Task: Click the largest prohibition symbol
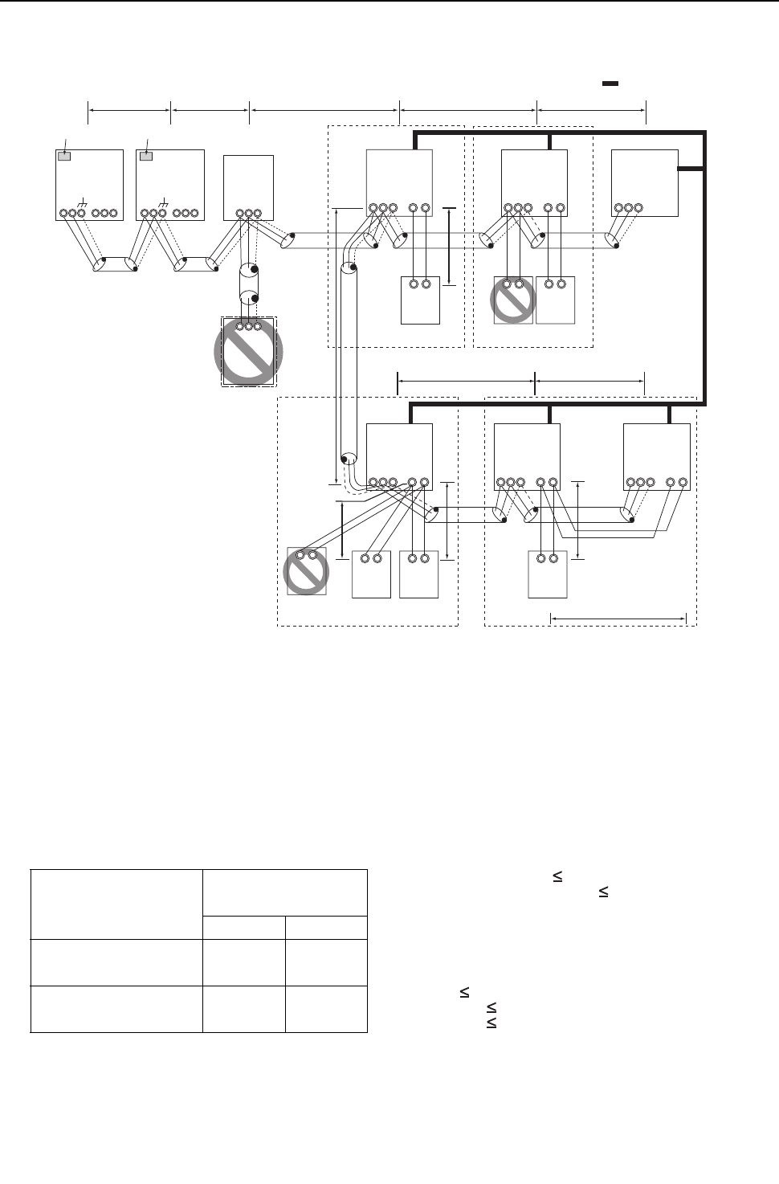click(x=248, y=352)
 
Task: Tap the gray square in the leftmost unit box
click(x=65, y=156)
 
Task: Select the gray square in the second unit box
click(x=146, y=156)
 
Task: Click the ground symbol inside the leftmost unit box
click(x=84, y=200)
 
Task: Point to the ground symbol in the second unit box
click(x=165, y=200)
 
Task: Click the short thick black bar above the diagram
click(x=610, y=84)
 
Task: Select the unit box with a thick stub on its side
click(x=644, y=182)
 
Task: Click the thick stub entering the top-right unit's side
click(x=691, y=169)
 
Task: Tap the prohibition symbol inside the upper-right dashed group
click(x=513, y=300)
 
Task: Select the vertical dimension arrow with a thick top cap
click(x=449, y=246)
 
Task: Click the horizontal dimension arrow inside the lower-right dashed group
click(x=618, y=619)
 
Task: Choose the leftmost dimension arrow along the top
click(x=129, y=112)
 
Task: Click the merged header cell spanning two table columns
click(x=284, y=892)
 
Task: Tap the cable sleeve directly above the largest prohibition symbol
click(x=248, y=284)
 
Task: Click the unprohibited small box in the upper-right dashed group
click(x=555, y=300)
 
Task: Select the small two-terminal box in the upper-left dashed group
click(x=420, y=300)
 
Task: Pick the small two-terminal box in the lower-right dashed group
click(x=547, y=574)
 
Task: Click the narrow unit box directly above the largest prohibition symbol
click(x=248, y=186)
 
